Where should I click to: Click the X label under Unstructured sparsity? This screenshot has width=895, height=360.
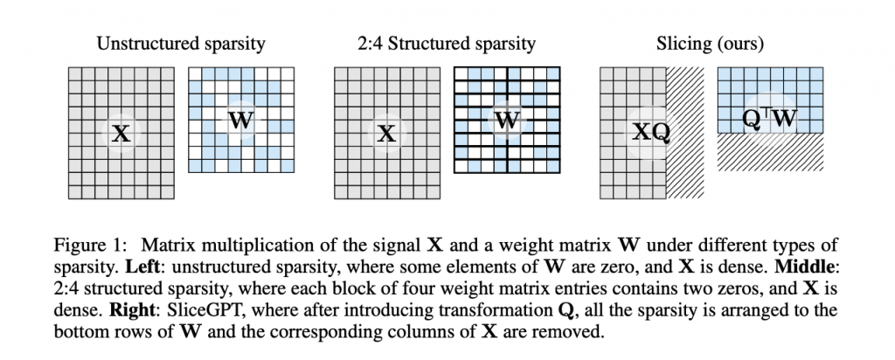click(x=121, y=134)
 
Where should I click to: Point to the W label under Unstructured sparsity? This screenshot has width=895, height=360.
click(x=239, y=121)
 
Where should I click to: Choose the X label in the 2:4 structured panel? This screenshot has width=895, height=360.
click(x=386, y=134)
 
